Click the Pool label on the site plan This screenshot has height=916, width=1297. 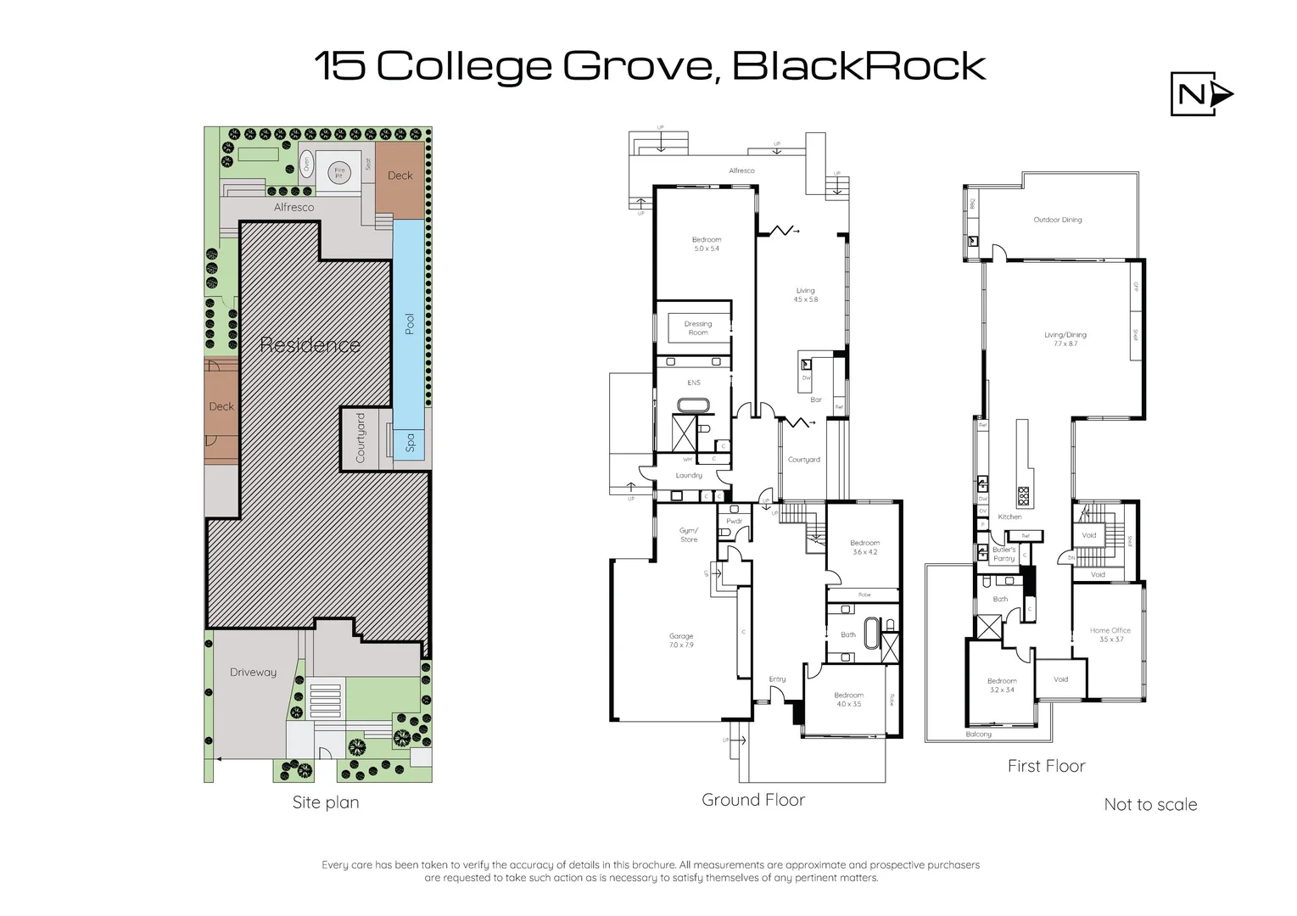coord(410,323)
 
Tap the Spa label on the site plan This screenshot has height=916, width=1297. coord(411,442)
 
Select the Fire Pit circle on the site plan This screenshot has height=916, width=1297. coord(339,171)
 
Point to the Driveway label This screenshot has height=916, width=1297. coord(253,672)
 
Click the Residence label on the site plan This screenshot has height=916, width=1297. coord(310,344)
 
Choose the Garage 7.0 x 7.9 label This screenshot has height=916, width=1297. coord(681,640)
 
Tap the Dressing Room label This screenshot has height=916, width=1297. coord(698,328)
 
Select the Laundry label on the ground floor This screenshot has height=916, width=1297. coord(689,476)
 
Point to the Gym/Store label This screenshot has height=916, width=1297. coord(689,535)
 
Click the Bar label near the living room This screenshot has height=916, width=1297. coord(816,399)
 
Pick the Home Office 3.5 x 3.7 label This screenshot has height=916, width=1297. coord(1110,634)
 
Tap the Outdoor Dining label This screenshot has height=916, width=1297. coord(1058,220)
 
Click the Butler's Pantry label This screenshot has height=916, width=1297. coord(1003,554)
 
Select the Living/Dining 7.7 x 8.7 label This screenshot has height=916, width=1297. coord(1065,339)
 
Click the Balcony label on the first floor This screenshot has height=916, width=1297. coord(978,734)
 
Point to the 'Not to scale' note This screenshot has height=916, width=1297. coord(1150,804)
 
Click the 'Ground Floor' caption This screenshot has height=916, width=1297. coord(753,799)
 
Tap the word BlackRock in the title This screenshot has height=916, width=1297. coord(858,66)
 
